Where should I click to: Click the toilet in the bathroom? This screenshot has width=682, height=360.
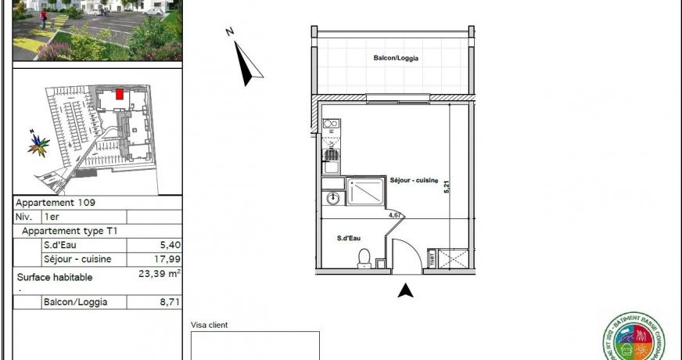363,257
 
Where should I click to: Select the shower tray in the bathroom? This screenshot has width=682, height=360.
365,191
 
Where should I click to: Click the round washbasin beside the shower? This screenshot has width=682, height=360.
332,197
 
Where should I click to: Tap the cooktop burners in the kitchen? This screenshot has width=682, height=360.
330,124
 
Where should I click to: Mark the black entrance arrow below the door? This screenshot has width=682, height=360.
405,291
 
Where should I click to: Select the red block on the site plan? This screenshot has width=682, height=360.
119,95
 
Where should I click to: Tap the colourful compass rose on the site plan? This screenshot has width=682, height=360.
38,145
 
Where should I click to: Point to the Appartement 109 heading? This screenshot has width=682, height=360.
56,202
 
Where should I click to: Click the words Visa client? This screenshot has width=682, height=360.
210,324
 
